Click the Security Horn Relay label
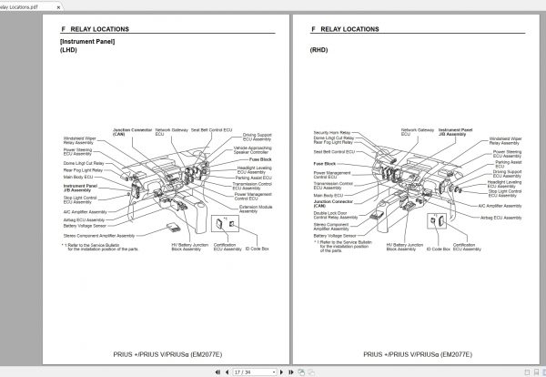point(331,132)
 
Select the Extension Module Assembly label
point(258,209)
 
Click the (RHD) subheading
point(318,51)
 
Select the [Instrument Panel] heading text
point(87,42)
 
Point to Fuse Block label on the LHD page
point(248,159)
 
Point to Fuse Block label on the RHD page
point(325,162)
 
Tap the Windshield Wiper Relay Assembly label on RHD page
point(506,140)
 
